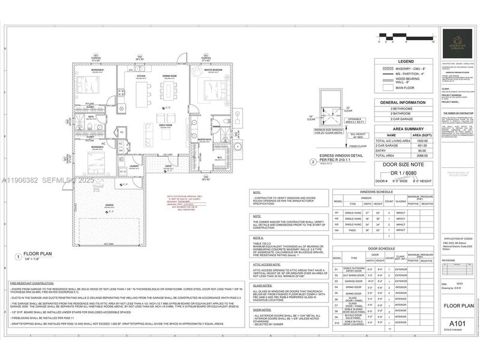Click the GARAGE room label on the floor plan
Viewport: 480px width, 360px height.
[x=109, y=205]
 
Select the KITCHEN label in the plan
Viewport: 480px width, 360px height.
[x=141, y=77]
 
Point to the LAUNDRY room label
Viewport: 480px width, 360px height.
[x=134, y=166]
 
